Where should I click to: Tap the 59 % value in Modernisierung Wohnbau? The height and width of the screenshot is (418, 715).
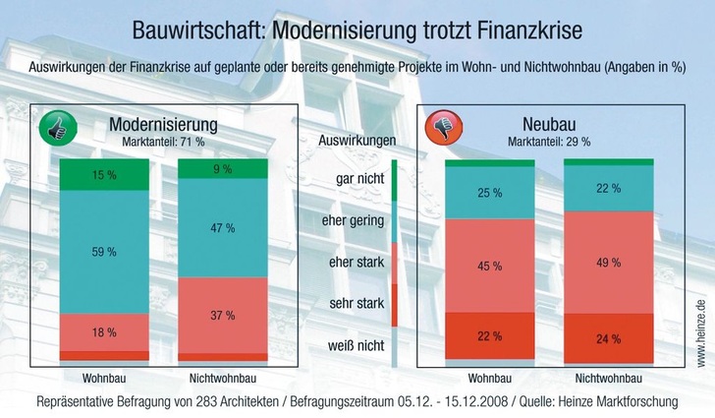[x=103, y=252]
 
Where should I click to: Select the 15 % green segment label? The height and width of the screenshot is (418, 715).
[x=103, y=173]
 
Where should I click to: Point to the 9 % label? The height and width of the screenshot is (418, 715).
[x=222, y=169]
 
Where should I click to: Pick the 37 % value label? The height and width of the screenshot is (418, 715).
[x=222, y=315]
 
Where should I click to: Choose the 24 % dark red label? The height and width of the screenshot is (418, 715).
[x=608, y=339]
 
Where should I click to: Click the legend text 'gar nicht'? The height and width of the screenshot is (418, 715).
[x=357, y=180]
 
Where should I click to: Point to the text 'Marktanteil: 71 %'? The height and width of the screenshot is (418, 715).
[x=163, y=142]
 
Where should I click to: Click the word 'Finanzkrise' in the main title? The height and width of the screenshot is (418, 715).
[x=524, y=31]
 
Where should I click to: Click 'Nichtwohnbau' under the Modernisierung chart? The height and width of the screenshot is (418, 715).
[x=222, y=378]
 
